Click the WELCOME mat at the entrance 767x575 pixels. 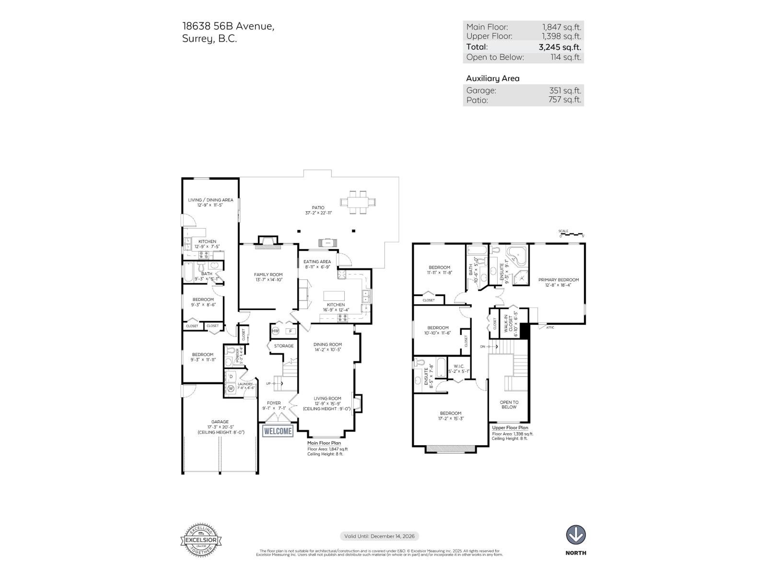pyautogui.click(x=278, y=431)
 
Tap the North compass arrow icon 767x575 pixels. pyautogui.click(x=576, y=535)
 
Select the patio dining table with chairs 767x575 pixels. pyautogui.click(x=358, y=201)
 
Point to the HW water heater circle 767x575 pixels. pyautogui.click(x=276, y=331)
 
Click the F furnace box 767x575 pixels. pyautogui.click(x=290, y=331)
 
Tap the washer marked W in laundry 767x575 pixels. pyautogui.click(x=231, y=388)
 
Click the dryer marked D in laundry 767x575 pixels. pyautogui.click(x=231, y=376)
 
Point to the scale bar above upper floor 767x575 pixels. pyautogui.click(x=571, y=234)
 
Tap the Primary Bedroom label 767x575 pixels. pyautogui.click(x=558, y=280)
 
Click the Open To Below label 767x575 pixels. pyautogui.click(x=509, y=405)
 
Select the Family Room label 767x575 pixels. pyautogui.click(x=268, y=275)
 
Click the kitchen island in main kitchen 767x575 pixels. pyautogui.click(x=334, y=296)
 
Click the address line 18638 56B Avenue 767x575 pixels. pyautogui.click(x=228, y=26)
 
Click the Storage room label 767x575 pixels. pyautogui.click(x=283, y=346)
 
